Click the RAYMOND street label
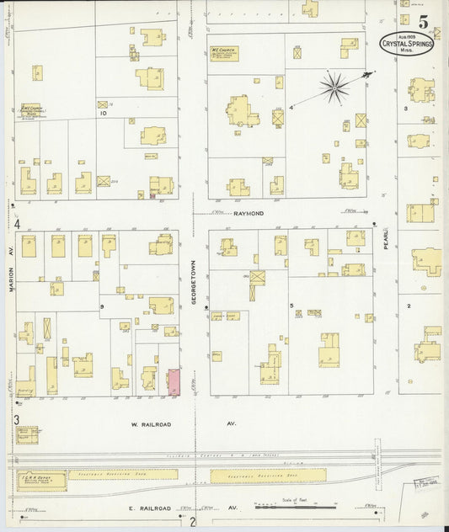(x=250, y=214)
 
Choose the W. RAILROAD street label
(x=152, y=425)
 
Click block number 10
(x=103, y=112)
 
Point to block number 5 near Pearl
(x=291, y=305)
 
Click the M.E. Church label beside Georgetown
(x=227, y=53)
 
